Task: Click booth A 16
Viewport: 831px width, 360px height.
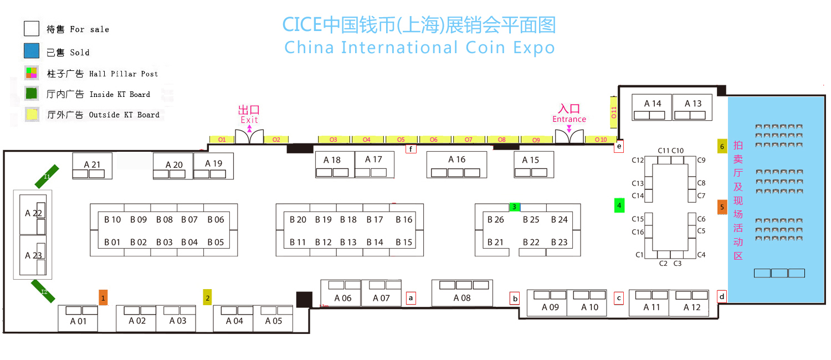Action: click(x=456, y=164)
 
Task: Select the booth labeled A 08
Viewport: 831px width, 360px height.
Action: click(x=462, y=294)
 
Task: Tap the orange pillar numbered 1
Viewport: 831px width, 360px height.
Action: click(x=103, y=297)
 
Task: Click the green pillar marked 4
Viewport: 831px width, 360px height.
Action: click(x=619, y=205)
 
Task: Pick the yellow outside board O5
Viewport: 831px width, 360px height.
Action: click(x=401, y=140)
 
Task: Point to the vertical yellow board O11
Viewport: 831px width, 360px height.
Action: click(x=614, y=112)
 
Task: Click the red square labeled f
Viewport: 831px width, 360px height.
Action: click(x=411, y=149)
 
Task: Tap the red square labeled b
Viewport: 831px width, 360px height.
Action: click(x=515, y=299)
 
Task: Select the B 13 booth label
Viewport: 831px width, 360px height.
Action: click(x=348, y=242)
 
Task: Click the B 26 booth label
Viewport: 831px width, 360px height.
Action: click(x=496, y=220)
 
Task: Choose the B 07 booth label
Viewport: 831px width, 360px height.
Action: click(x=189, y=220)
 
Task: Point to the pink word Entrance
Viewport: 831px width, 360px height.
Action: click(x=569, y=119)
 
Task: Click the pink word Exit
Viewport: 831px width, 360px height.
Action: click(x=249, y=120)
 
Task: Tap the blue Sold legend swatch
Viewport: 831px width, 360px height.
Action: click(x=32, y=51)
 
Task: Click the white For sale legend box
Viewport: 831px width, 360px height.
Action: click(x=32, y=29)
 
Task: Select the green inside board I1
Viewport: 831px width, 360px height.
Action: click(x=47, y=177)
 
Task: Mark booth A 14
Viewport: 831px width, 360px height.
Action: click(x=652, y=107)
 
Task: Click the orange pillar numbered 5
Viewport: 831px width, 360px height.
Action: click(x=722, y=207)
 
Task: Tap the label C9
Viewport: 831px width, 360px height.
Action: click(x=701, y=160)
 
